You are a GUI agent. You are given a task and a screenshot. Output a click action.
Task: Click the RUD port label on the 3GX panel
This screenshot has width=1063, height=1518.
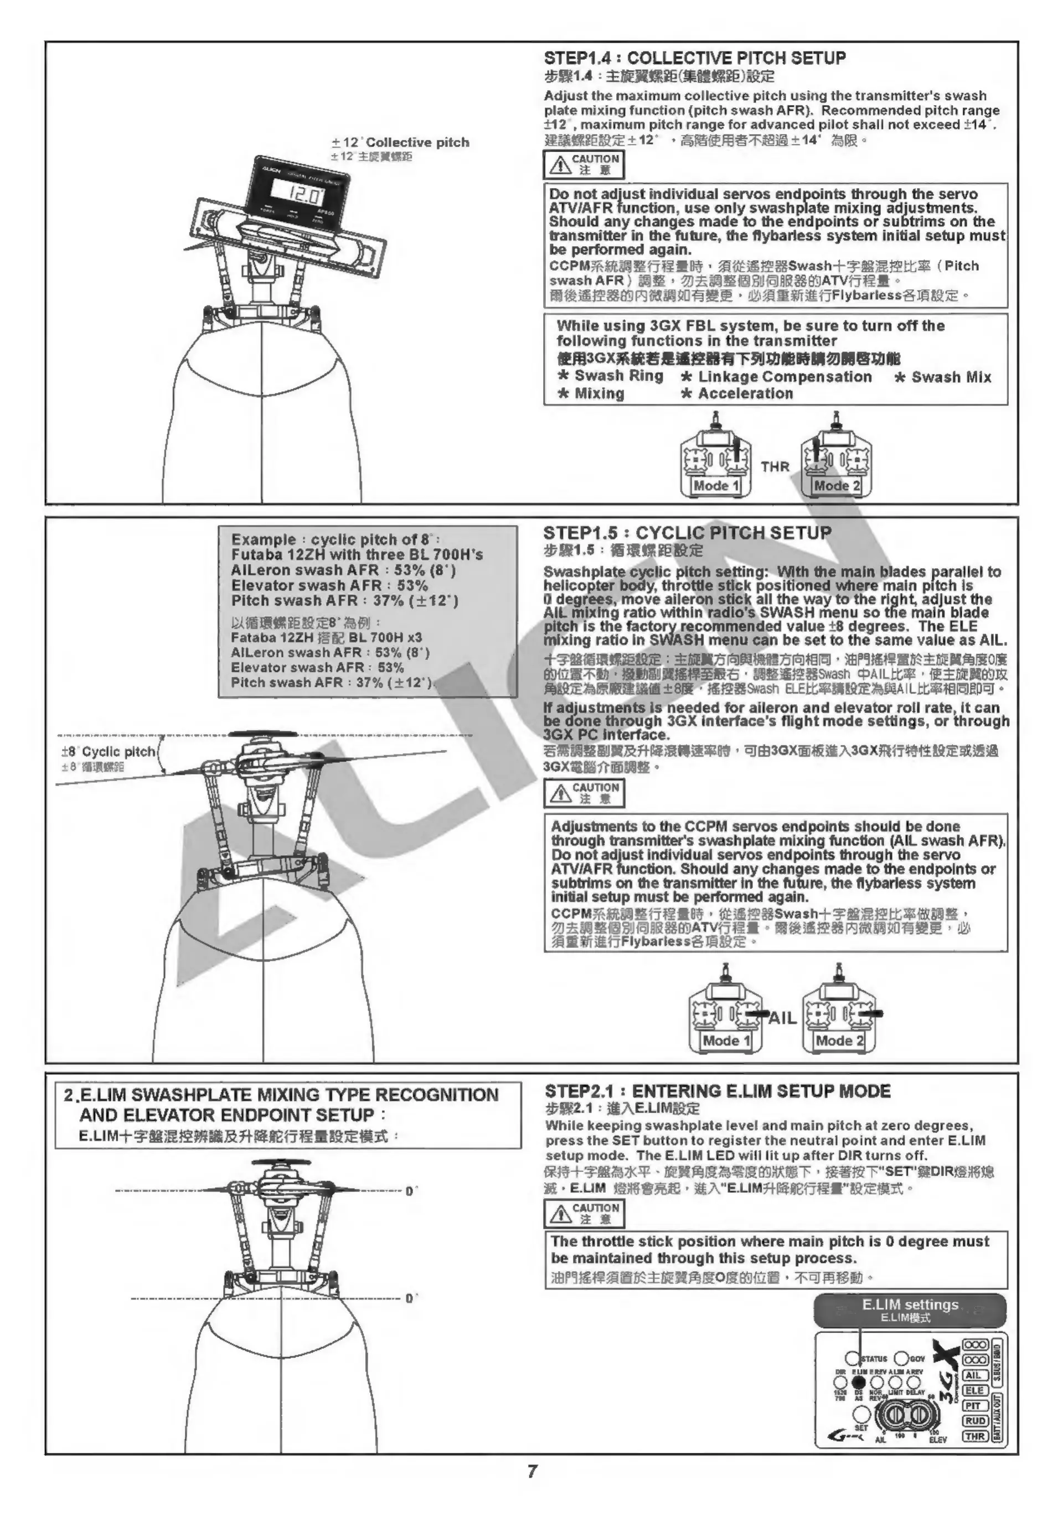(974, 1420)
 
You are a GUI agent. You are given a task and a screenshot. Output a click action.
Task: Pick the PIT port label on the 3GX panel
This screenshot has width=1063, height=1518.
(974, 1406)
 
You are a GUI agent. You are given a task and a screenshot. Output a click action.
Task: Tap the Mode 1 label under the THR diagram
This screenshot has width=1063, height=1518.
(716, 485)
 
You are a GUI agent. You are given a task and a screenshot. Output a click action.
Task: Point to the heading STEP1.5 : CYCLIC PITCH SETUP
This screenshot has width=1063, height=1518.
(687, 533)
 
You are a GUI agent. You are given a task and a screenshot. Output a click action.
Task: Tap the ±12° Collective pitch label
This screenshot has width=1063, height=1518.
(400, 142)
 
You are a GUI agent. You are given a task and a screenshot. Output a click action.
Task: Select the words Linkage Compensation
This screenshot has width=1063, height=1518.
(785, 377)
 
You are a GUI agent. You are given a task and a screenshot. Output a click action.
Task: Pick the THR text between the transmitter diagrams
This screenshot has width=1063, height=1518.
(775, 467)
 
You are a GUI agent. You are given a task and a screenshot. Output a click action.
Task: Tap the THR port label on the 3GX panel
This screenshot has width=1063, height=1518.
(974, 1436)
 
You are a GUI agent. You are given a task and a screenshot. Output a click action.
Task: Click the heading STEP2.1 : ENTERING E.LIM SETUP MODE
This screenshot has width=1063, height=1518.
(718, 1091)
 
